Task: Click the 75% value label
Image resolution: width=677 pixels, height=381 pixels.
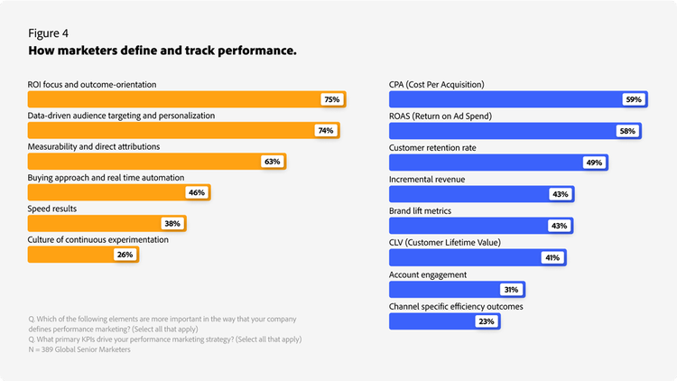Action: [331, 99]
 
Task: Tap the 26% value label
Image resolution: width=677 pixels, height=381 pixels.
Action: [125, 255]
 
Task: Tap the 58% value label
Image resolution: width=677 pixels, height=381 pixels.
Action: [626, 131]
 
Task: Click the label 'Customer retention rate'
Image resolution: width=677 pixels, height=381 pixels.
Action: [432, 147]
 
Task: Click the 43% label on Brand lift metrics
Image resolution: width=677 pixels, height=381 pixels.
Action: [560, 226]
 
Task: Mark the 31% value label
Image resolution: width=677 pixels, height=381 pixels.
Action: [511, 290]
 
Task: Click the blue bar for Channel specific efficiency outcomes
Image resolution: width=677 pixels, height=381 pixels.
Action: [429, 321]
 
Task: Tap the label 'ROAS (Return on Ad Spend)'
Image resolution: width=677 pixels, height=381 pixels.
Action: [440, 116]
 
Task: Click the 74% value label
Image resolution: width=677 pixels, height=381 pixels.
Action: [325, 131]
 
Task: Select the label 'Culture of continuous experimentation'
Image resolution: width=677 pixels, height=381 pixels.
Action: [97, 240]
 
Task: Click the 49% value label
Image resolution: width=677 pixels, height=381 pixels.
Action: [594, 163]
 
